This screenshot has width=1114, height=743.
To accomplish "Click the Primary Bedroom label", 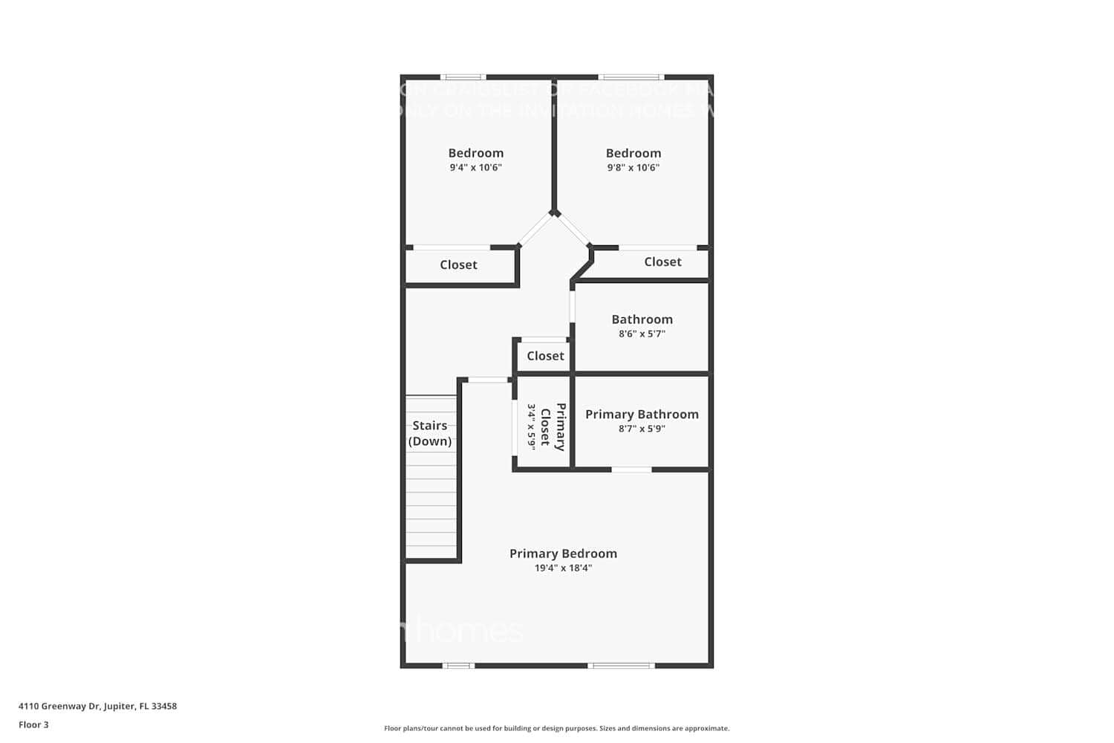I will (563, 554).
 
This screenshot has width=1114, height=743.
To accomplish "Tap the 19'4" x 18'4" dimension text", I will (563, 568).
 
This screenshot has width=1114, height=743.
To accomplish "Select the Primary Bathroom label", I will (642, 415).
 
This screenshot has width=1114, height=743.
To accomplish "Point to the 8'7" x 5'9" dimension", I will (642, 429).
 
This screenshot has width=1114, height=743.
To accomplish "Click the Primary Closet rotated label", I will (553, 427).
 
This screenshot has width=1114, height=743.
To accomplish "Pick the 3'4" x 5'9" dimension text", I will (532, 426).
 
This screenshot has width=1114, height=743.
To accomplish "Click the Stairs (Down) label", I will (430, 433).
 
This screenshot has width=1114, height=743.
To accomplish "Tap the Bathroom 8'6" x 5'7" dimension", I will (642, 334).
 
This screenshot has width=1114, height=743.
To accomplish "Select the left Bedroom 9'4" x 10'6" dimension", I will (475, 168).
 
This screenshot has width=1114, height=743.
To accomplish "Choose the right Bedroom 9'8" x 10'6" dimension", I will (633, 168).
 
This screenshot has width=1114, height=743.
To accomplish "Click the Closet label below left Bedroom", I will (458, 265).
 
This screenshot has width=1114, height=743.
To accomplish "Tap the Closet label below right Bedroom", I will (662, 262).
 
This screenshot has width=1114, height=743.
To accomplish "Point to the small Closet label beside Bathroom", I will (545, 356).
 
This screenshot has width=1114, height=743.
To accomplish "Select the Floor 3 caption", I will (33, 725).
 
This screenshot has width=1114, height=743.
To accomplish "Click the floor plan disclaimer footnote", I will (556, 729).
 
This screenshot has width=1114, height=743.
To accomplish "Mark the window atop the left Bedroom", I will (463, 77).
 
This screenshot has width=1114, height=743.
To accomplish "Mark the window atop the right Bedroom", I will (631, 77).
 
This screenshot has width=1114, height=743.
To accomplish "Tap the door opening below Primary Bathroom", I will (631, 470).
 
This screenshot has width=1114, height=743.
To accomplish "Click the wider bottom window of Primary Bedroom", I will (621, 666).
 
